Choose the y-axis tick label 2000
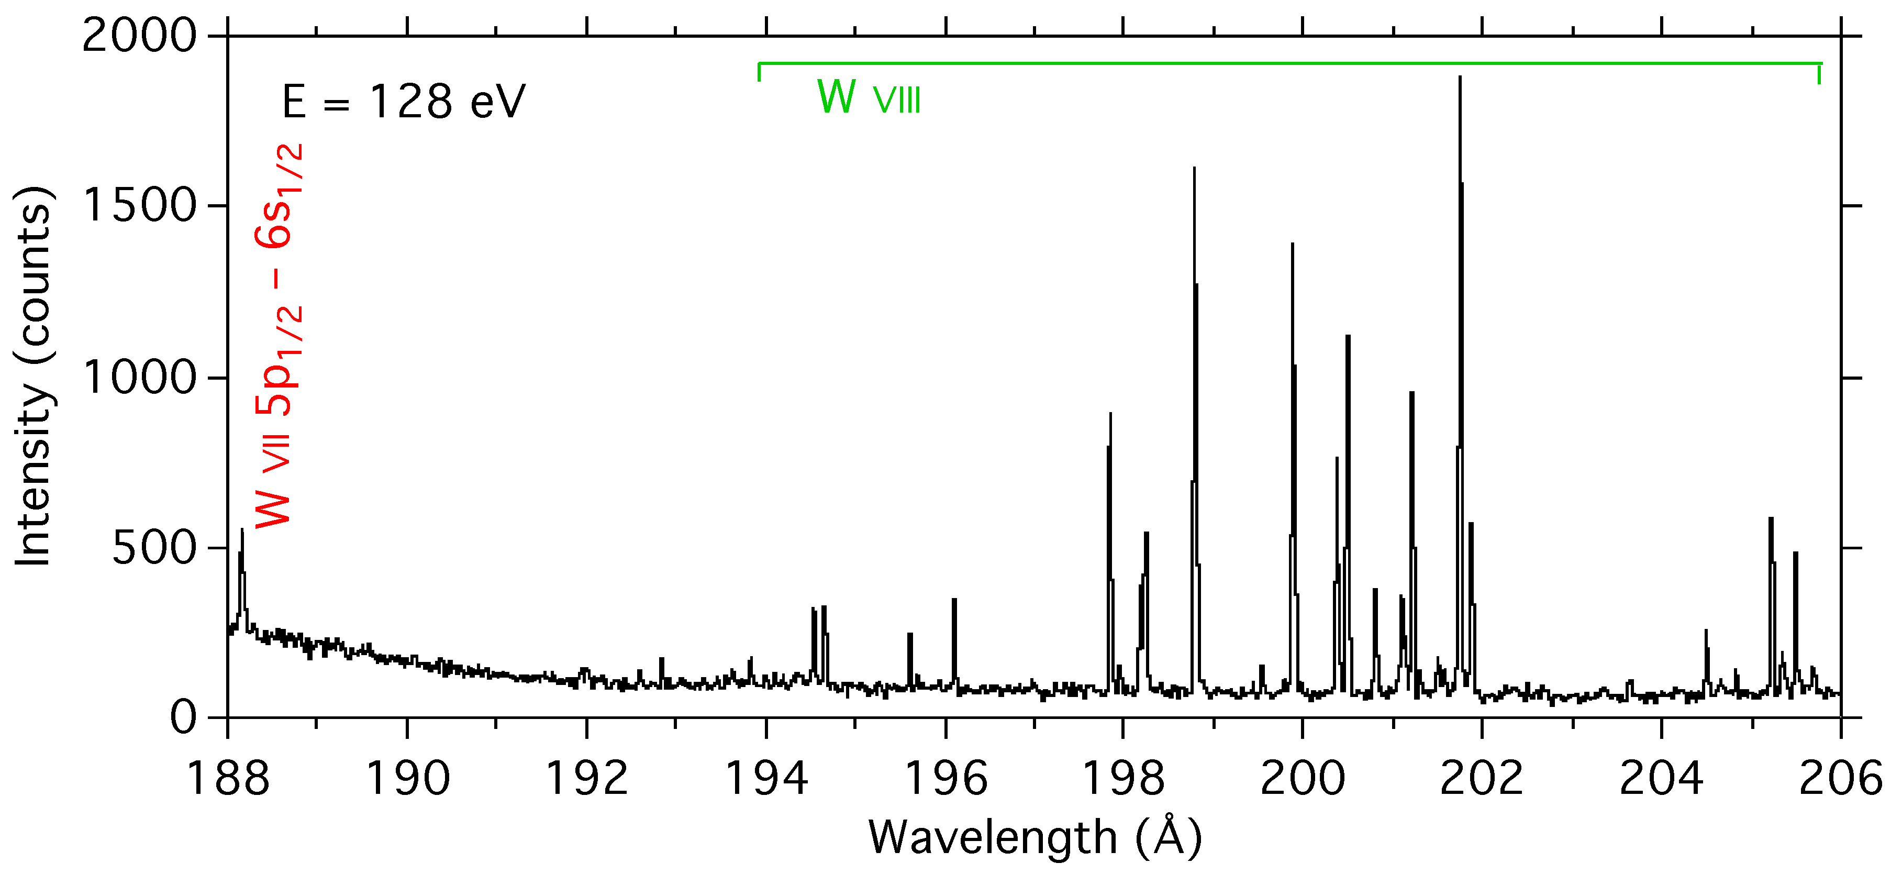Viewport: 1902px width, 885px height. click(x=140, y=36)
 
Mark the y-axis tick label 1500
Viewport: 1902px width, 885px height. click(x=140, y=205)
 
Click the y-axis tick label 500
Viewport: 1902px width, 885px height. click(x=154, y=548)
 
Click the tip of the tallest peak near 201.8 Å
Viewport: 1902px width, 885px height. click(x=1460, y=77)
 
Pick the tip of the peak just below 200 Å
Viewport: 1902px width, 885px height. click(x=1292, y=244)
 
